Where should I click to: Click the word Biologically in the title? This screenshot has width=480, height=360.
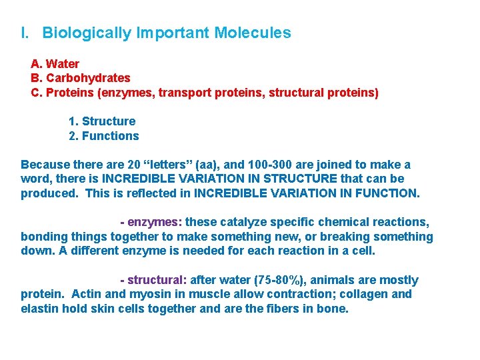(86, 33)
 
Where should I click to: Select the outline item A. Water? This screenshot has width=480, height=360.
(55, 64)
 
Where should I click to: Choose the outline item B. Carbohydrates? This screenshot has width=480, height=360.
(81, 79)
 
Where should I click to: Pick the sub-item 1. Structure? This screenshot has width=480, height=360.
(102, 121)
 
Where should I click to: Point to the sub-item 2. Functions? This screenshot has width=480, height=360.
(104, 136)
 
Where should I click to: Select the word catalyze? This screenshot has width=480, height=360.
(246, 222)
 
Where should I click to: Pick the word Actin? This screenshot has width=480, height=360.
(87, 295)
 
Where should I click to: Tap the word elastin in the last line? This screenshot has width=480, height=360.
(39, 309)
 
